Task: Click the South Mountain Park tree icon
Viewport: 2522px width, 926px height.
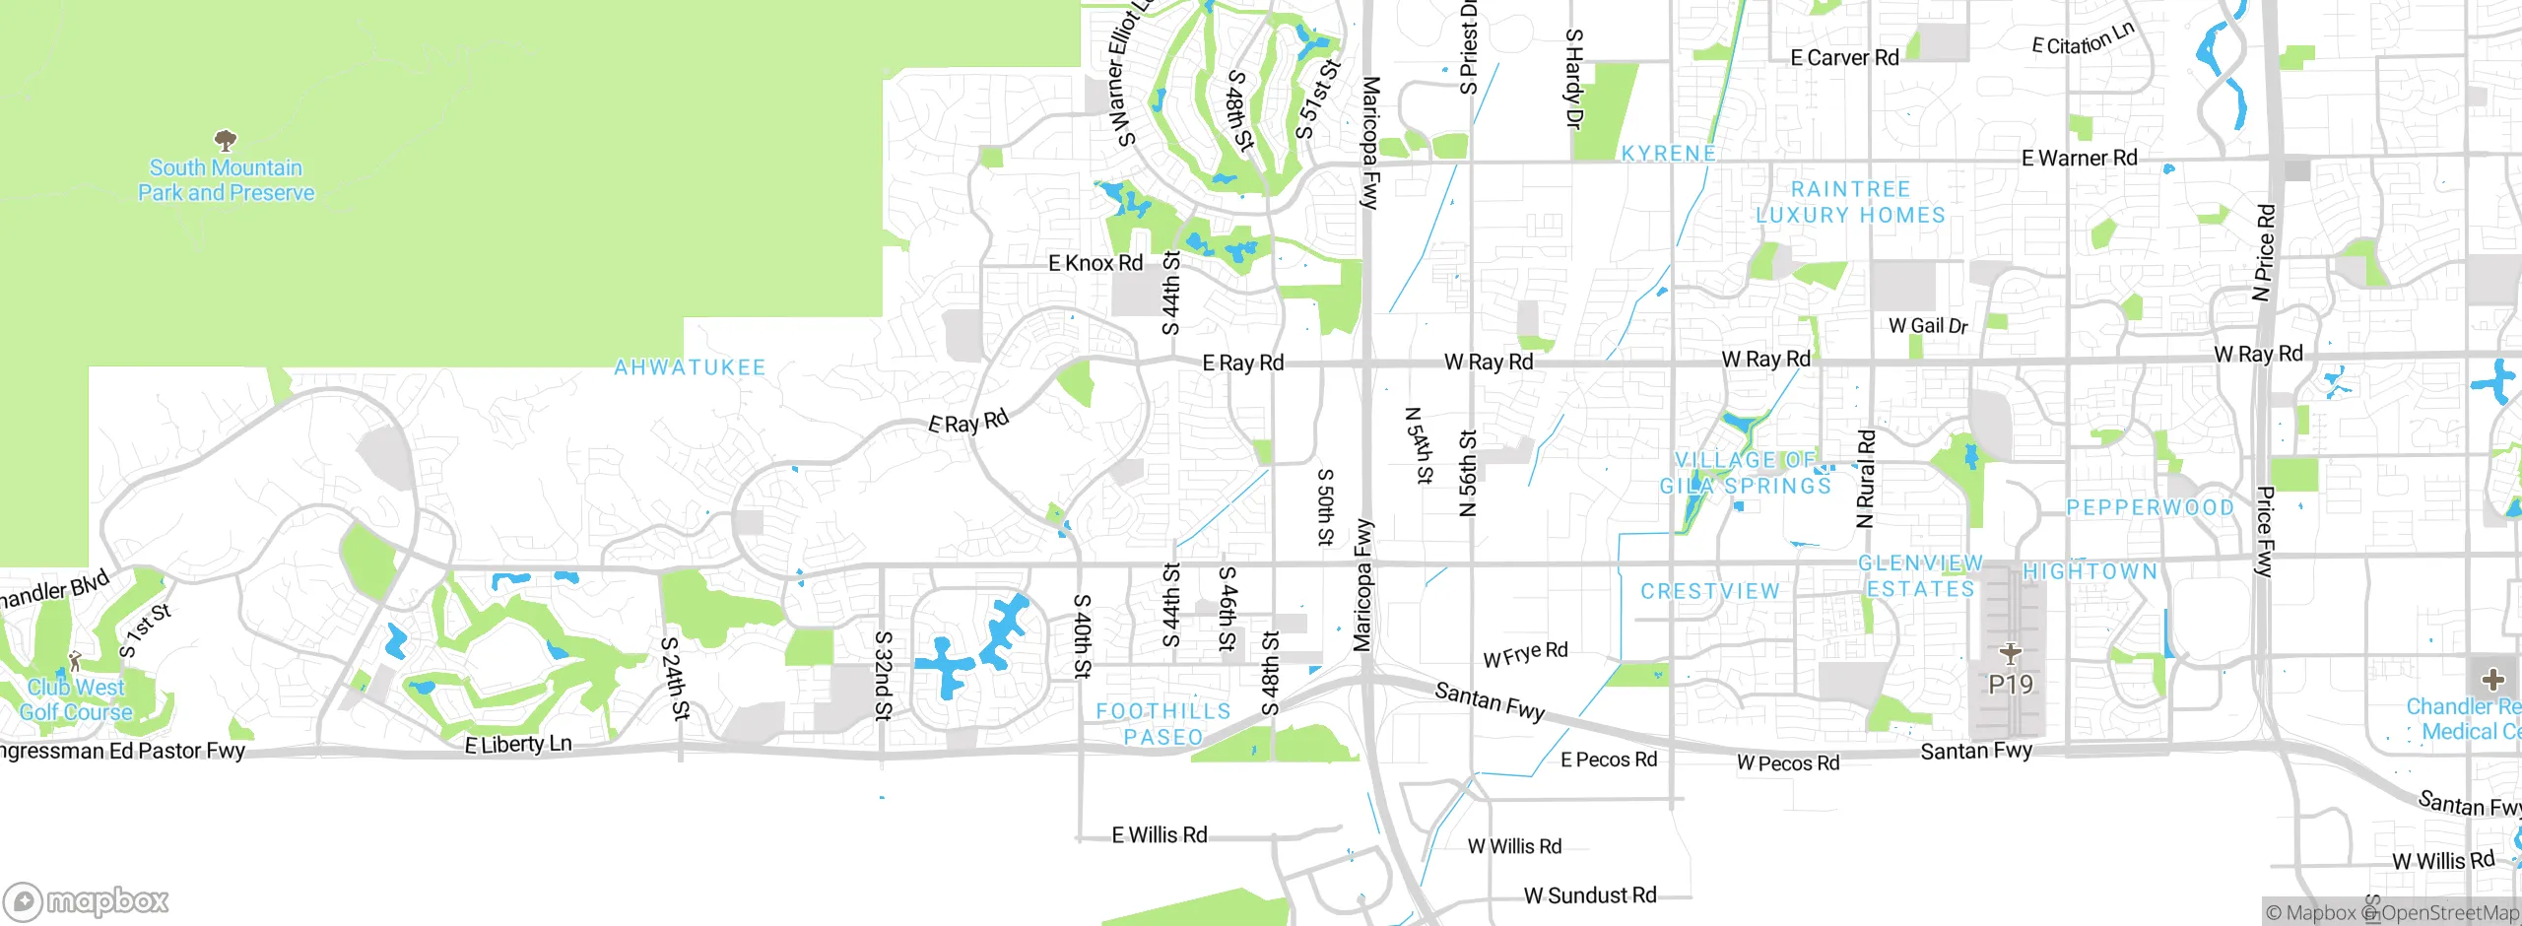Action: [x=226, y=140]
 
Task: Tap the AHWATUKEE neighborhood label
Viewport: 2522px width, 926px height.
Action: [x=690, y=367]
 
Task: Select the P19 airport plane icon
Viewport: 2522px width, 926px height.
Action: [x=2010, y=653]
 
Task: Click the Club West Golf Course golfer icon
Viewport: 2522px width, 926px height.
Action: [x=75, y=661]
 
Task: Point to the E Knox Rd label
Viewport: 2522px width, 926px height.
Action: [x=1095, y=263]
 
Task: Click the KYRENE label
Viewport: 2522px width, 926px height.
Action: [x=1669, y=154]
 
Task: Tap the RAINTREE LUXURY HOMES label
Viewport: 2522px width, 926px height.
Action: [x=1850, y=202]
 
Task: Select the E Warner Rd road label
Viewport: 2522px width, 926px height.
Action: [x=2079, y=158]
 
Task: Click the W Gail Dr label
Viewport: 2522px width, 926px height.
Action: [x=1928, y=326]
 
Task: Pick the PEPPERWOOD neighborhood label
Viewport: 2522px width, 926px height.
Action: [x=2150, y=507]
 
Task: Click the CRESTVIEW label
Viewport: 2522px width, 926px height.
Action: [x=1710, y=591]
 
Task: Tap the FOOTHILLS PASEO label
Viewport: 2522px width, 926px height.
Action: [x=1163, y=724]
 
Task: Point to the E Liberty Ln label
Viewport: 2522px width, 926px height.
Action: [x=518, y=744]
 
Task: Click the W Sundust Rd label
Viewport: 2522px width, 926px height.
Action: [x=1590, y=895]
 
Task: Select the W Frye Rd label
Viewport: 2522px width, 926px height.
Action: [x=1525, y=654]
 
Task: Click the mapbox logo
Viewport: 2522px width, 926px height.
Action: [x=87, y=900]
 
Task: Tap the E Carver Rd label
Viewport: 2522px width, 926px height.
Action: [x=1844, y=58]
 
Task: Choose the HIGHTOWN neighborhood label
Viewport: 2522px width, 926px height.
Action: [x=2090, y=571]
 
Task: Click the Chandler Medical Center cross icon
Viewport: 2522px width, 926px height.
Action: [x=2493, y=680]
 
